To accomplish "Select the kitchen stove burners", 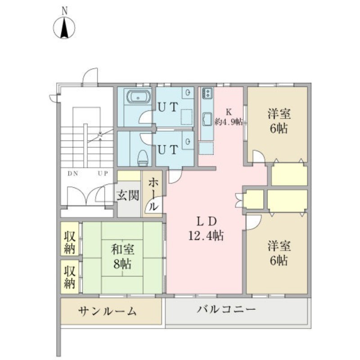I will (208, 93).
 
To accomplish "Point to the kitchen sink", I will (207, 120).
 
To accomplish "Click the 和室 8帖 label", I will (122, 256).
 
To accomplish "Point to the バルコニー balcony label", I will (226, 310).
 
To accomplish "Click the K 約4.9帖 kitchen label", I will (229, 117).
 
